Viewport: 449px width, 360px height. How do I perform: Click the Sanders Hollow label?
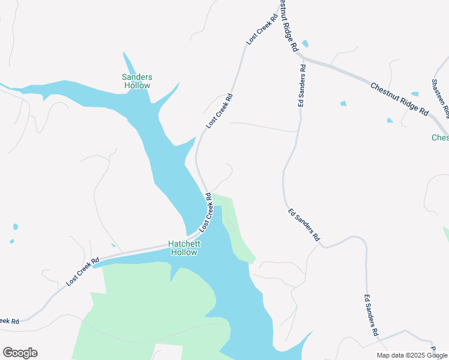pos(137,81)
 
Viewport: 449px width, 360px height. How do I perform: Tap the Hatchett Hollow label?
pos(184,248)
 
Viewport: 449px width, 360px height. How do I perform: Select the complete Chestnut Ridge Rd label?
pos(399,99)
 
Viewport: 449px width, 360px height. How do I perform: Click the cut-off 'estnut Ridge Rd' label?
pos(289,25)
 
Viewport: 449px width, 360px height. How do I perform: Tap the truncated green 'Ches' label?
pos(440,138)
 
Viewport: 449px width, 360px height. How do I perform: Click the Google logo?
pos(20,353)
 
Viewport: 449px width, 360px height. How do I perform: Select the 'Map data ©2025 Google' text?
pos(412,355)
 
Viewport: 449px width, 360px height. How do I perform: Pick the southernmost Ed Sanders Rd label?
pos(372,315)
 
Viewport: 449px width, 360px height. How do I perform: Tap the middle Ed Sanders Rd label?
pos(304,225)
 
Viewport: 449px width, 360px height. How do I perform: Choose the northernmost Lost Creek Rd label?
pos(263,29)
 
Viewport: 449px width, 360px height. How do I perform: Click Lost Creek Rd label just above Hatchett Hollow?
pos(206,212)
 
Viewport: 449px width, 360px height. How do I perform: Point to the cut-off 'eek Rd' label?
pos(9,322)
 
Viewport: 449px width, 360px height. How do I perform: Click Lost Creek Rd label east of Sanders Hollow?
pos(219,111)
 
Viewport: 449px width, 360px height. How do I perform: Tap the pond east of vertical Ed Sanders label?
pos(343,104)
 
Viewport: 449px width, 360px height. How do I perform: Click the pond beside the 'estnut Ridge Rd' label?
pos(306,44)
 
